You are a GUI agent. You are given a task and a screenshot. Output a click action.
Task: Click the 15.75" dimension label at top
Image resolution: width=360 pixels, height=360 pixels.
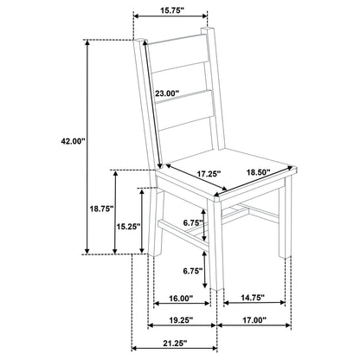(172, 10)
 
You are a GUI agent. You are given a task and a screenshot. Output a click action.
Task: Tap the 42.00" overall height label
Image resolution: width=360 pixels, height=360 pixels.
(74, 141)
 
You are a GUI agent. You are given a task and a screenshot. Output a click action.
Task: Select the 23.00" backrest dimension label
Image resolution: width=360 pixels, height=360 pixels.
(167, 93)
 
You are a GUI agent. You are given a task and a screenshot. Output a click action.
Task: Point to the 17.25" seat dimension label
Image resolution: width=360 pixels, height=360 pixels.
(209, 174)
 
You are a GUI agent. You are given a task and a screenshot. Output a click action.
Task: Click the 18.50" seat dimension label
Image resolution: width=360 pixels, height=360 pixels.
(258, 172)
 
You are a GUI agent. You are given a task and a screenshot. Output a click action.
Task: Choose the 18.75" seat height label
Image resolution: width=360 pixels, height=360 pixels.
(101, 209)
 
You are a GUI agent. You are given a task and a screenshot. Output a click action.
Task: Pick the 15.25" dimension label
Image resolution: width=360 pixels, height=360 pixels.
(128, 227)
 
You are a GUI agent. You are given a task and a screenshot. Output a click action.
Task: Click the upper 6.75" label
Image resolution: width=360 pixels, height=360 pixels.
(193, 222)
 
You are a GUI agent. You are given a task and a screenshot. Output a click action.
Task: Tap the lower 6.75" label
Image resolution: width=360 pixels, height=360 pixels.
(193, 271)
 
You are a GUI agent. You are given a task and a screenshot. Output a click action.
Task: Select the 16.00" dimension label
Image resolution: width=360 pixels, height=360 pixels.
(181, 299)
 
